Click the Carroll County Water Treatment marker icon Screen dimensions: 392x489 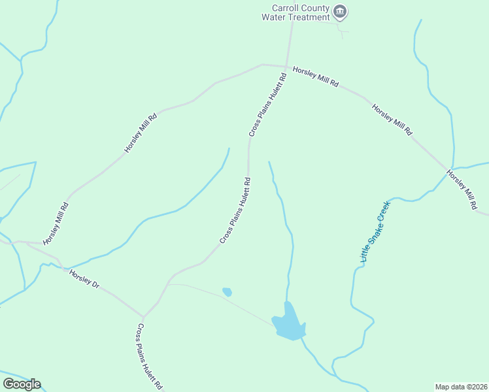(x=340, y=11)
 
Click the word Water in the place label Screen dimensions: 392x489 (x=273, y=18)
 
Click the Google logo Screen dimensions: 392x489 (x=21, y=384)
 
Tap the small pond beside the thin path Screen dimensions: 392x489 (x=227, y=291)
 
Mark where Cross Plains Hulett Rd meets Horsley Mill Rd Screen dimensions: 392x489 (x=287, y=67)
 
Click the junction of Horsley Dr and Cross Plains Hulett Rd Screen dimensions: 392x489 (x=143, y=316)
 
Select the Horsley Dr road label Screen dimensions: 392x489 (x=84, y=279)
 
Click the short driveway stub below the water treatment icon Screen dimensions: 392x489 (x=341, y=30)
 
